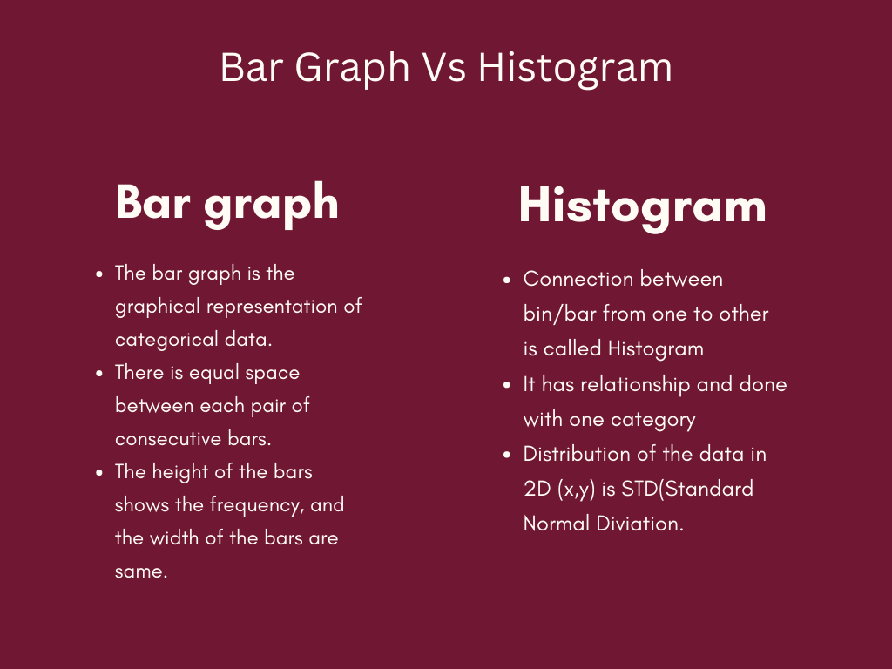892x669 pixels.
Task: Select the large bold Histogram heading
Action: click(x=642, y=206)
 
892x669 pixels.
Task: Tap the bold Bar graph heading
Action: click(x=226, y=202)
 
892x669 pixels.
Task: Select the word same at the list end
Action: click(x=140, y=571)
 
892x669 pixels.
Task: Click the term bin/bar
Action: click(x=562, y=314)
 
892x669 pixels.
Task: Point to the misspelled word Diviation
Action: click(x=642, y=523)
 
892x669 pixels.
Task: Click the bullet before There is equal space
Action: click(x=100, y=373)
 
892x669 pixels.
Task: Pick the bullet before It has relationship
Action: click(x=508, y=385)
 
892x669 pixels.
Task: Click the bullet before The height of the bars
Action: click(x=100, y=472)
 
